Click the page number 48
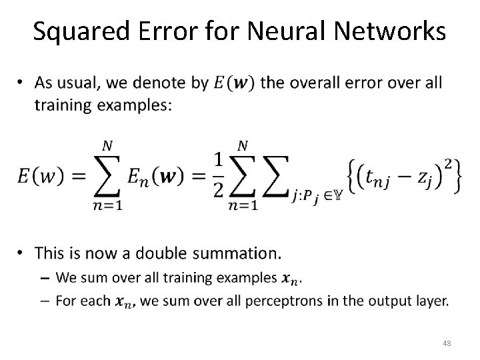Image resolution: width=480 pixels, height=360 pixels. pyautogui.click(x=446, y=342)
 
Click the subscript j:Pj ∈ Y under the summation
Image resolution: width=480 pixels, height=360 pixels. pyautogui.click(x=316, y=195)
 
